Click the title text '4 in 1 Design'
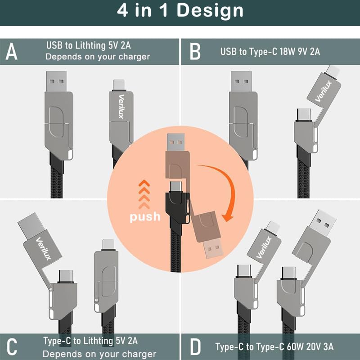tap(180, 10)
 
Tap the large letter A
tap(11, 51)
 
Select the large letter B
tap(195, 51)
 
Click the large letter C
tap(12, 347)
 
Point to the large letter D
tap(195, 347)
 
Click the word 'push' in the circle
tap(145, 217)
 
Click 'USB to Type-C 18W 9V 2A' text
tap(270, 51)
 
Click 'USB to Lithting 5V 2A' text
tap(88, 45)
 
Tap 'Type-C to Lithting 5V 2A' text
tap(90, 341)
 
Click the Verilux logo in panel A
tap(120, 106)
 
